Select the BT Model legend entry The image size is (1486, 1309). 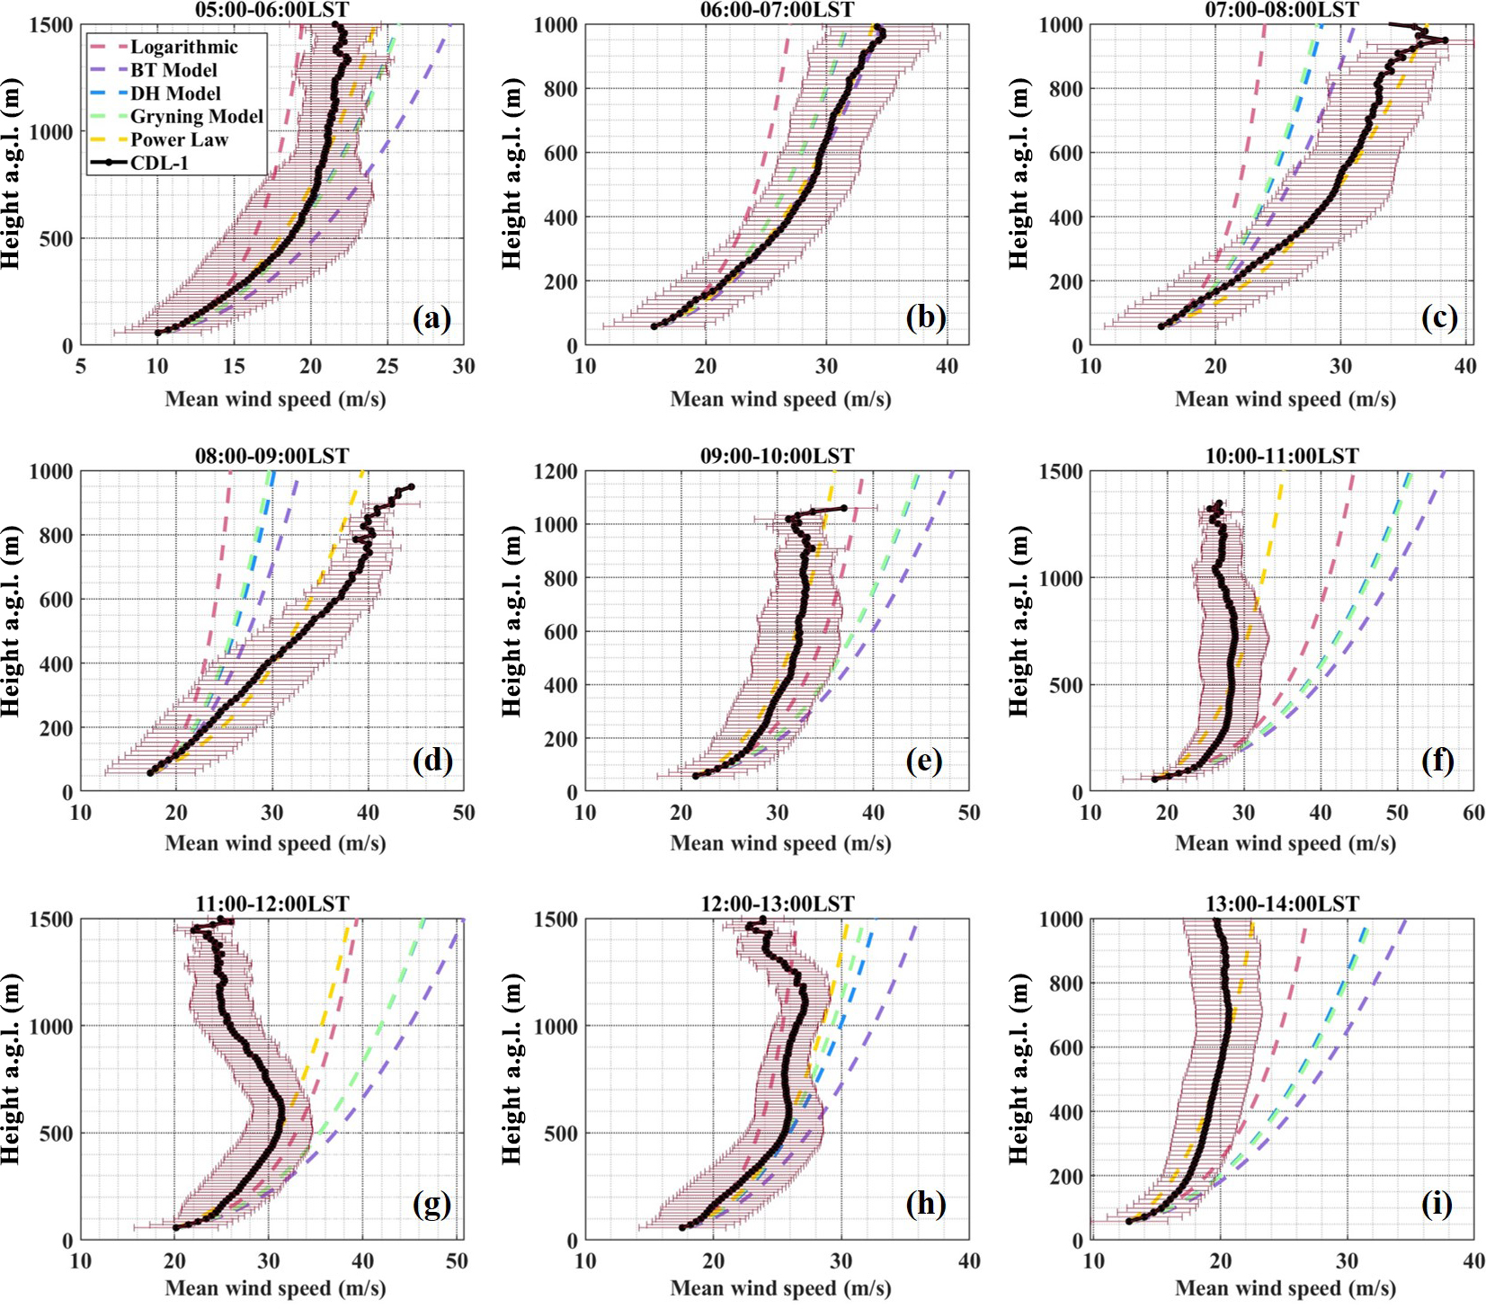coord(174,70)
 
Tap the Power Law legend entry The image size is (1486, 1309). coord(179,139)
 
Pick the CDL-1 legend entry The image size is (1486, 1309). coord(159,163)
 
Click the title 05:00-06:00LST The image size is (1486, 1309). coord(271,10)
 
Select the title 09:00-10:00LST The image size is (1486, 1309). coord(777,456)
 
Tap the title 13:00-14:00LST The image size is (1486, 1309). coord(1282,904)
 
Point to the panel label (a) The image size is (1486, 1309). coord(432,317)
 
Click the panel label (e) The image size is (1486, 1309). coord(925,761)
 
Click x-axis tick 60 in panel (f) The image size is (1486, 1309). coord(1473,813)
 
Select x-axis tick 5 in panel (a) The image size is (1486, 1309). coord(81,366)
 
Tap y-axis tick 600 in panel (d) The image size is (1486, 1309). coord(56,600)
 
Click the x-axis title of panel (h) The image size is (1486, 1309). coord(780,1288)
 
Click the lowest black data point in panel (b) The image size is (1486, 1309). coord(654,326)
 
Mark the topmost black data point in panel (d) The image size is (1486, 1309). coord(411,486)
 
